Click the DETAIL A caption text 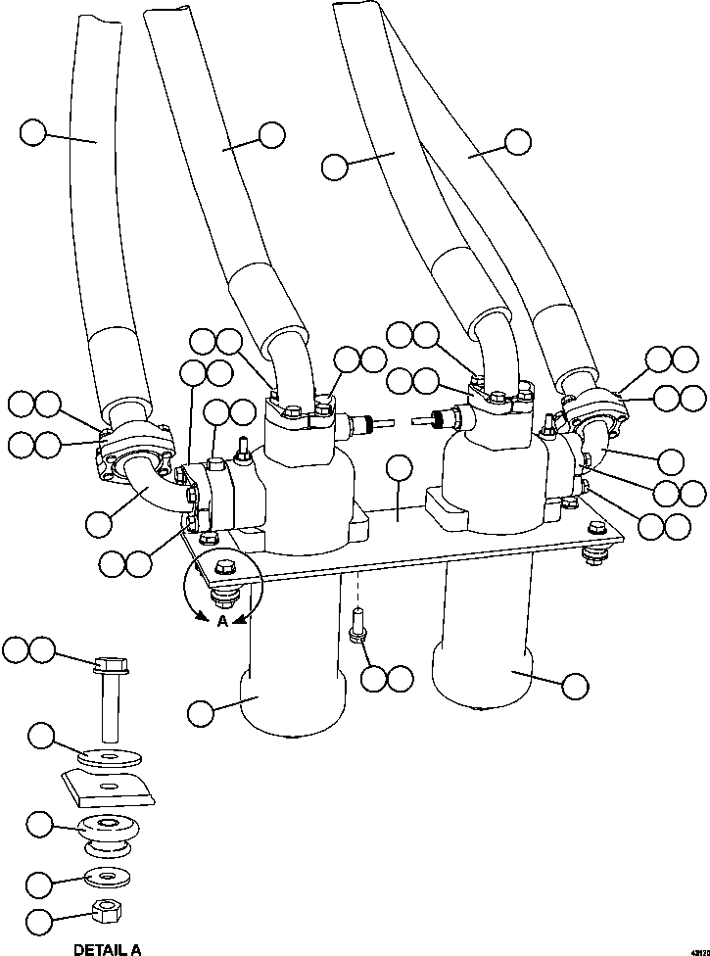point(107,948)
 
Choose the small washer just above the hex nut point(105,875)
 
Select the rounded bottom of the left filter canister point(292,710)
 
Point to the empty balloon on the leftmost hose point(33,132)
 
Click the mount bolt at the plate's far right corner point(593,554)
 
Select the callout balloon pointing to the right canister point(575,685)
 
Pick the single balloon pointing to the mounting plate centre point(400,469)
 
